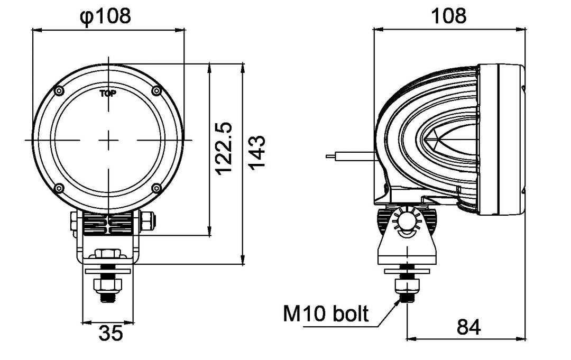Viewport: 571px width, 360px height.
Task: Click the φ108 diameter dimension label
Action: (105, 16)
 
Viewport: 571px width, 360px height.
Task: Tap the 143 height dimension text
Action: (256, 153)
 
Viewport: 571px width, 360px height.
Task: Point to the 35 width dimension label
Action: (110, 334)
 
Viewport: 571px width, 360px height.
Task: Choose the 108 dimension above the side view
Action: (449, 16)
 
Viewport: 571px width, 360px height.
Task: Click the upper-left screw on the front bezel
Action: (59, 90)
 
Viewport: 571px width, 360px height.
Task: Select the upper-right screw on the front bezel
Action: (156, 91)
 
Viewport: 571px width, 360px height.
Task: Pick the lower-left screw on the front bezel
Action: (59, 188)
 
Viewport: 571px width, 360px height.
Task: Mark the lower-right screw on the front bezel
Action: (156, 188)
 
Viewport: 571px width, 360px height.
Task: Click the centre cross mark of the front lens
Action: (108, 140)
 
